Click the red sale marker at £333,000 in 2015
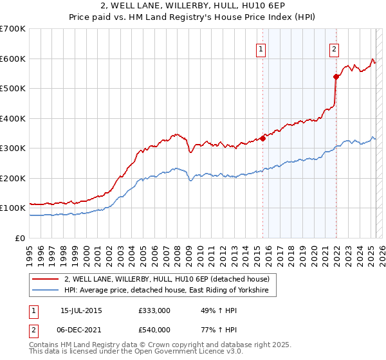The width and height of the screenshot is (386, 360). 263,138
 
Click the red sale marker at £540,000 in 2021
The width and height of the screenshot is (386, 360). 336,76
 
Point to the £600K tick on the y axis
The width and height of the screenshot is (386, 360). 13,59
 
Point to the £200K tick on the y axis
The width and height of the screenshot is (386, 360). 13,178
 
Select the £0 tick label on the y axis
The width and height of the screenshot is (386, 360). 21,238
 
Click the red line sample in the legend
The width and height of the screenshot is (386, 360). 45,279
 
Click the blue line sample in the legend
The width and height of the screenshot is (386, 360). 45,291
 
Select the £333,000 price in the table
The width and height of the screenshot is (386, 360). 154,310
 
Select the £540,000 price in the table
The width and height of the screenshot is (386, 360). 154,329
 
